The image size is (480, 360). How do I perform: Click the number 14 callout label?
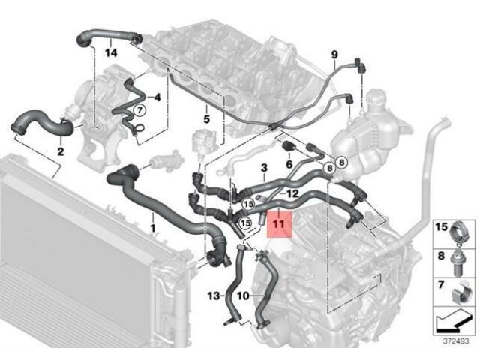tap(111, 52)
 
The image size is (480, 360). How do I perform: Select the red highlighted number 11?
tap(279, 223)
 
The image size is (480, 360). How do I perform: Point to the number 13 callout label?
tap(212, 296)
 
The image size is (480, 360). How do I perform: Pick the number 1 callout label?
tap(153, 226)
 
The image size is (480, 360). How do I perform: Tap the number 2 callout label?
tap(60, 151)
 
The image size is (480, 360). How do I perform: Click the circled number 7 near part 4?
tap(138, 110)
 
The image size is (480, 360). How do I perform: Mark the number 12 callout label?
tap(293, 194)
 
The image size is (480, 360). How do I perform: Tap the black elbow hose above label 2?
tap(41, 124)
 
